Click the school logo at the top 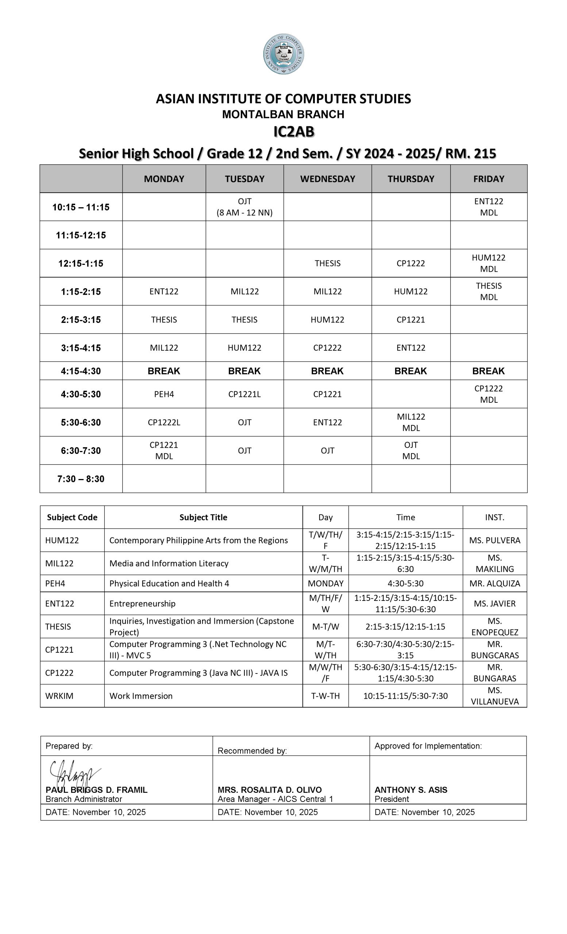283,54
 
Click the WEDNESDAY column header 327,179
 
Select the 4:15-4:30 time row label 81,371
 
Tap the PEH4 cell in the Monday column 164,394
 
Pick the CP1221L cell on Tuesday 244,394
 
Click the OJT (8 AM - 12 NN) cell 244,207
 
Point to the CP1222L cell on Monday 164,422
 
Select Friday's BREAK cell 488,371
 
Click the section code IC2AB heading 294,132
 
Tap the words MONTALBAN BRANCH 283,114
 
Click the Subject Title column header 203,517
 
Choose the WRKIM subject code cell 59,696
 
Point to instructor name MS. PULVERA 495,540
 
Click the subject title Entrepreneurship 143,603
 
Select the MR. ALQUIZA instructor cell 495,583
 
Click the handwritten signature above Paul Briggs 74,773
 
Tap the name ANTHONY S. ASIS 411,790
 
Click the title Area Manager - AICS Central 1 275,799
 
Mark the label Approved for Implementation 428,746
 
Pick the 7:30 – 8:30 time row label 81,479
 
